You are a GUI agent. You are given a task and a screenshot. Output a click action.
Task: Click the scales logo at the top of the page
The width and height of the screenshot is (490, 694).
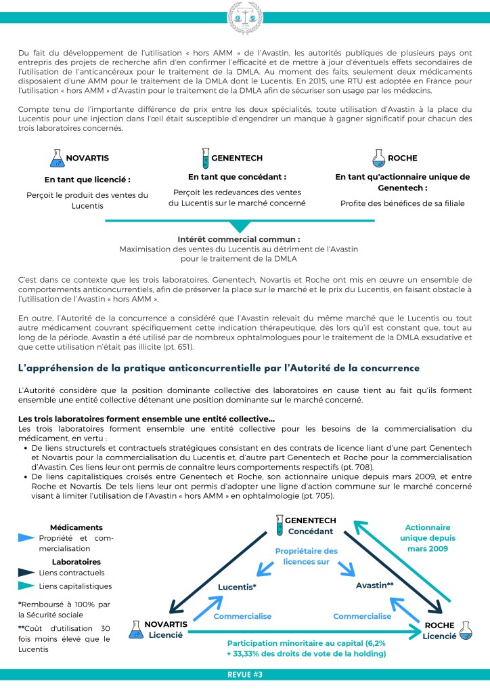[x=244, y=16]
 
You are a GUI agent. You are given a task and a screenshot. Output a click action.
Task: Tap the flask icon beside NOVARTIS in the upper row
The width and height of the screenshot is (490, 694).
[x=57, y=159]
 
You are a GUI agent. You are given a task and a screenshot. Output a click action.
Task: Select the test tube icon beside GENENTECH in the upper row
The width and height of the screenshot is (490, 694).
[x=204, y=159]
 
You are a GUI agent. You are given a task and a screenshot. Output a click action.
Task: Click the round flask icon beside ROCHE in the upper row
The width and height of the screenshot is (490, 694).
[x=379, y=159]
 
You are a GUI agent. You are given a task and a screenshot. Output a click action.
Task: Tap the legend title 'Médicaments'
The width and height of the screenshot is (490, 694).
[x=76, y=527]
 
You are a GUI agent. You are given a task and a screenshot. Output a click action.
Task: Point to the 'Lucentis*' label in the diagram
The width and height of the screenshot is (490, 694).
[x=236, y=586]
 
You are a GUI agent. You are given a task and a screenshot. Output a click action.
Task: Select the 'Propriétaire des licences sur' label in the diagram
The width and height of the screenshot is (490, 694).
[x=306, y=556]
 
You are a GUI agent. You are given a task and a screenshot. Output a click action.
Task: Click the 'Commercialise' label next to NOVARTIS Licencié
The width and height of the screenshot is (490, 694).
[x=242, y=616]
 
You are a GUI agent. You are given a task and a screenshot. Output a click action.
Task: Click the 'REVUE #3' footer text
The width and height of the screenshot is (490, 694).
[x=244, y=675]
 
